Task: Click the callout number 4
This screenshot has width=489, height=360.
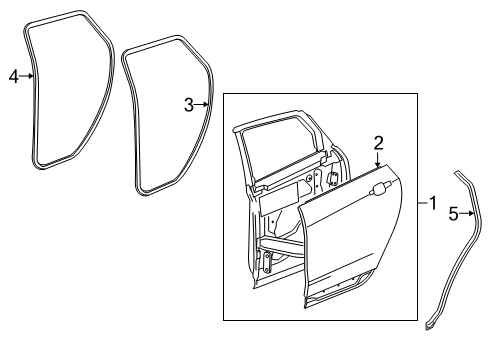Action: (14, 77)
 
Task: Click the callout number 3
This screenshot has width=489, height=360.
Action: (189, 105)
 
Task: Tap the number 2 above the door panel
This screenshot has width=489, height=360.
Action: (378, 143)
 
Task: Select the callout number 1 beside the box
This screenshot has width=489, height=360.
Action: (433, 203)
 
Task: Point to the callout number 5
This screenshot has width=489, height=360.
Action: (453, 214)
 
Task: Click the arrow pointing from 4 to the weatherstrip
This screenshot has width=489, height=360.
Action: (26, 76)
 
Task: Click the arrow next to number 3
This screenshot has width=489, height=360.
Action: (201, 105)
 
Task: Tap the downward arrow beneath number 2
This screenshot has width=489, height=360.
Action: (378, 159)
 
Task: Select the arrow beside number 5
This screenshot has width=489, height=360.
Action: (466, 213)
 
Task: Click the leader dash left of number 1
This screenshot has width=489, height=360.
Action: (423, 202)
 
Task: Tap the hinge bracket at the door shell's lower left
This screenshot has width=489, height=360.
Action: (267, 262)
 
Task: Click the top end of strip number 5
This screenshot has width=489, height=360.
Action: (457, 173)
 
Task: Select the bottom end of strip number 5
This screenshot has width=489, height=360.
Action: (429, 326)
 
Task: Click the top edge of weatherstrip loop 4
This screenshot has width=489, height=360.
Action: (55, 18)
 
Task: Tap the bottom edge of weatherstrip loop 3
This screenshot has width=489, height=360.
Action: (157, 189)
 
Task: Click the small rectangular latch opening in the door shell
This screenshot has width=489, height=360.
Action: (332, 178)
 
